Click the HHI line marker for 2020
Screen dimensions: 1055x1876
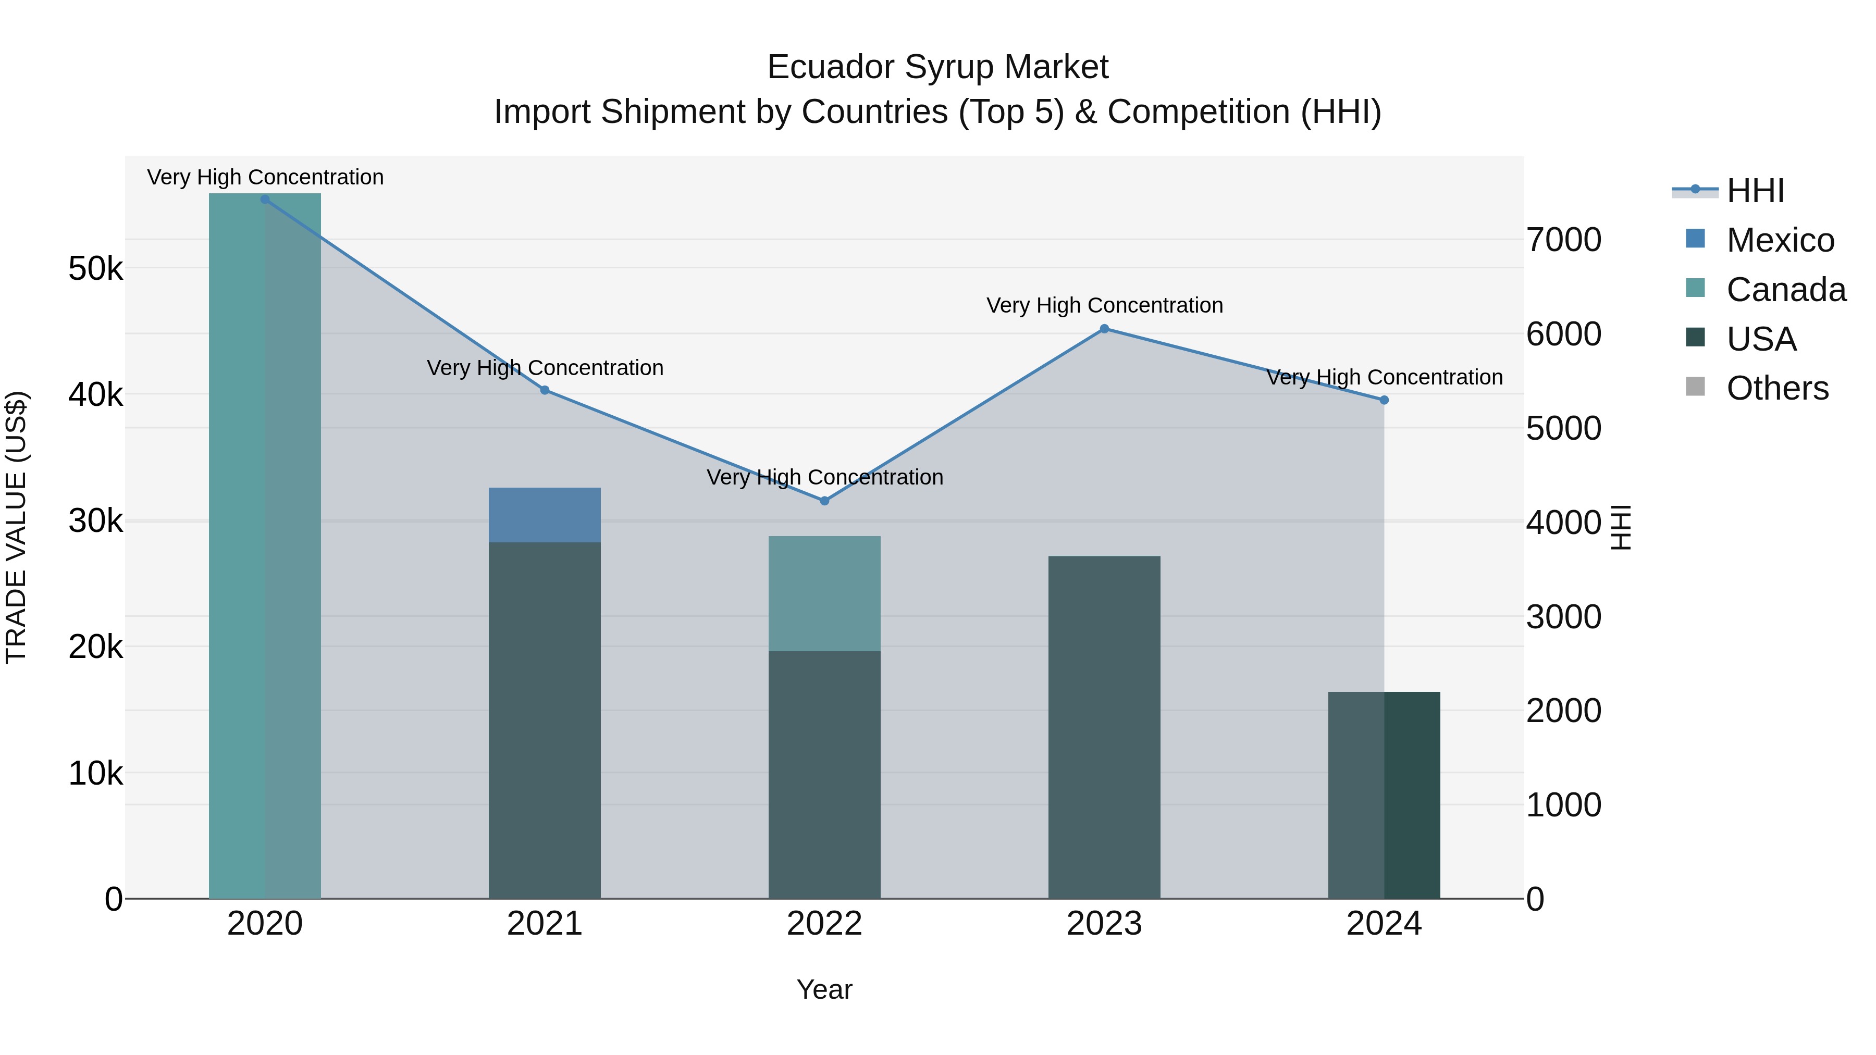tap(264, 200)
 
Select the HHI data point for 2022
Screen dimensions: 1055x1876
tap(824, 501)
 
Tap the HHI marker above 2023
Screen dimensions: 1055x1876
tap(1104, 329)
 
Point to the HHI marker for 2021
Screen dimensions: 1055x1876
tap(545, 390)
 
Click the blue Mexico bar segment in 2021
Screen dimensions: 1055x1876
tap(545, 515)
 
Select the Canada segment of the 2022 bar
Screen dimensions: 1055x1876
tap(824, 593)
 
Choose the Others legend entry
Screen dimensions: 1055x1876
tap(1776, 388)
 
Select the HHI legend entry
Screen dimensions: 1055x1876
tap(1755, 191)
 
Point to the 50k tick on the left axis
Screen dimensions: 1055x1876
tap(95, 269)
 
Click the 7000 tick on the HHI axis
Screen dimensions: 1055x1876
tap(1563, 240)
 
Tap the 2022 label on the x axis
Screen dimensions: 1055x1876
tap(824, 924)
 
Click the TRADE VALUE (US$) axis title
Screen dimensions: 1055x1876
tap(16, 527)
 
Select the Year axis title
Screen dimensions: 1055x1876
tap(824, 989)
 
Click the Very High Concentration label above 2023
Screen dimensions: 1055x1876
tap(1104, 305)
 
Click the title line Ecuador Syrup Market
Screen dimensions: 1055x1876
tap(937, 67)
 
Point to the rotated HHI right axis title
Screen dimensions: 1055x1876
tap(1621, 527)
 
